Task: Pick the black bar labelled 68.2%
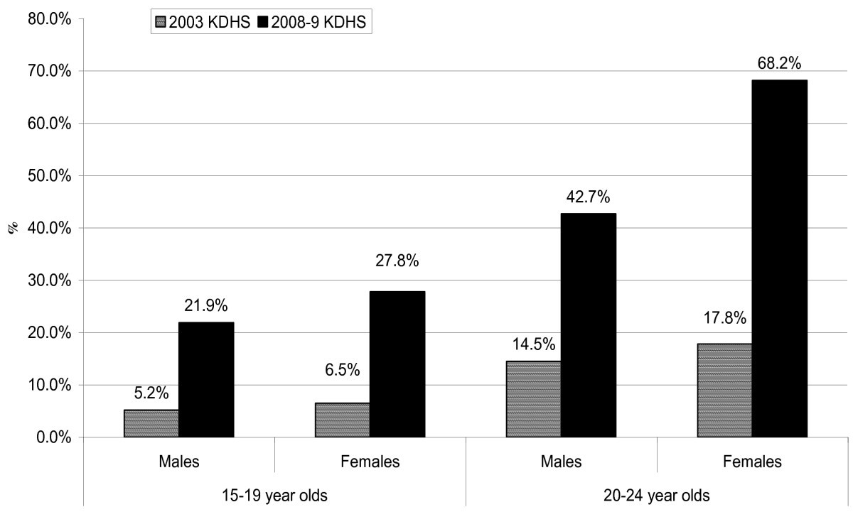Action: tap(780, 258)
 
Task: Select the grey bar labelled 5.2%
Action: tap(151, 423)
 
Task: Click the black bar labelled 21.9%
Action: tap(206, 380)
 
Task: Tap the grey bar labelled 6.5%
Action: tap(343, 420)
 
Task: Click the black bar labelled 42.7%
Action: tap(589, 325)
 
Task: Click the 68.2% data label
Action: tap(779, 63)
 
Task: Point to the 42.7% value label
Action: tap(589, 197)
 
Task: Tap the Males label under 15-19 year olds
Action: tap(178, 462)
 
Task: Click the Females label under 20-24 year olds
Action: tap(752, 462)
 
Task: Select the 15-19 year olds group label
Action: tap(274, 496)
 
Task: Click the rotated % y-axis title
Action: tap(12, 229)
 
